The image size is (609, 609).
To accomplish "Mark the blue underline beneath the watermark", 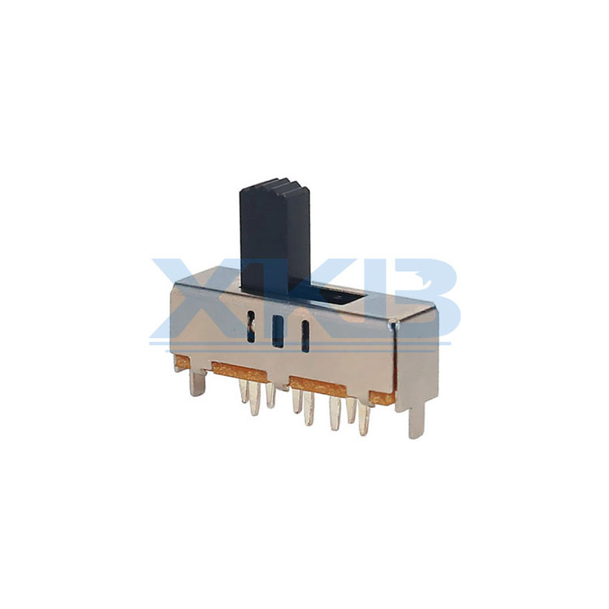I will [x=300, y=343].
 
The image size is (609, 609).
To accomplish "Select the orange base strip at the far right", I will [x=382, y=396].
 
